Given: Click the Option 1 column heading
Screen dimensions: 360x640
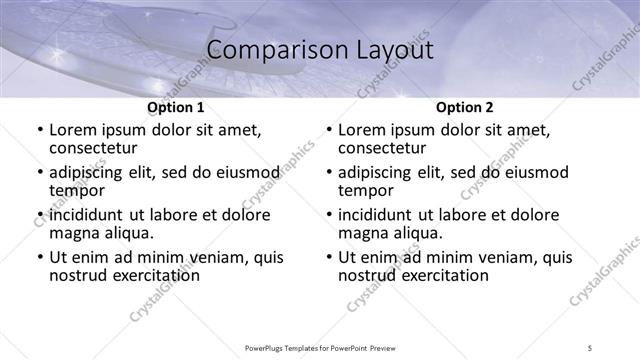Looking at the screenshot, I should [176, 108].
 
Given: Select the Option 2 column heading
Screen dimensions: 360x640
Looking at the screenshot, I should [465, 108].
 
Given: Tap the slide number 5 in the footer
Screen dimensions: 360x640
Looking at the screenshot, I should [590, 347].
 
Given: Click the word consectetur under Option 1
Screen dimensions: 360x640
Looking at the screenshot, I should [91, 148].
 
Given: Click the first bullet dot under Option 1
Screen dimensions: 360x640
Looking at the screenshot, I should [40, 131].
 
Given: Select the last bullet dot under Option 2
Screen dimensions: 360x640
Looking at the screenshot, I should [329, 257].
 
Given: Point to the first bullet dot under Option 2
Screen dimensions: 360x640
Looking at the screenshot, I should [329, 131].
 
